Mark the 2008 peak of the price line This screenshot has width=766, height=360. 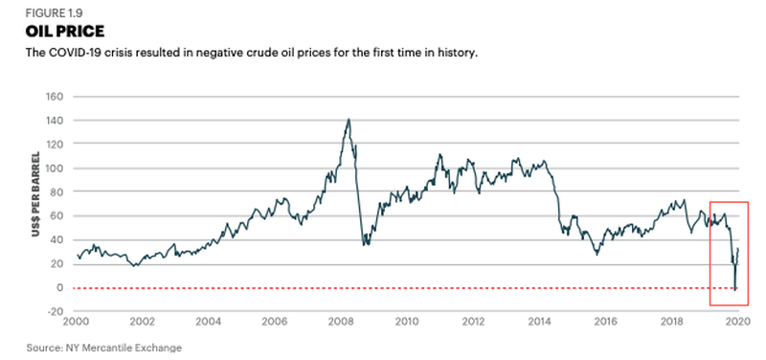click(348, 120)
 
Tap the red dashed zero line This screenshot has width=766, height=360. click(383, 287)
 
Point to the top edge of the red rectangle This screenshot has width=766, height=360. click(735, 202)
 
